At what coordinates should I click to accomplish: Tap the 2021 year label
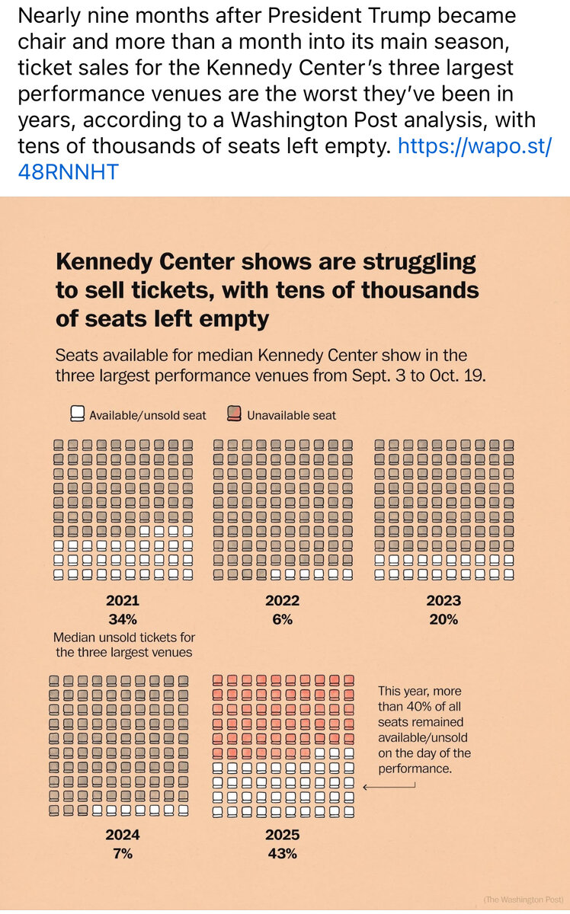(123, 600)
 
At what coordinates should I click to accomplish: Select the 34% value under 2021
(123, 618)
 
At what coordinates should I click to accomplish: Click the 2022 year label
(283, 600)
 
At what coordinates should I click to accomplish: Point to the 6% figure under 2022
(283, 618)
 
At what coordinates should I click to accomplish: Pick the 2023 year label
(444, 600)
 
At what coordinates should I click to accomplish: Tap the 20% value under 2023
(444, 618)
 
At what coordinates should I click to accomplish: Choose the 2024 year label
(123, 835)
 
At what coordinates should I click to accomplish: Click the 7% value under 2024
(123, 853)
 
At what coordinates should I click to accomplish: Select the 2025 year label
(283, 835)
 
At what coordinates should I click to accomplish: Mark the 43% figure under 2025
(283, 853)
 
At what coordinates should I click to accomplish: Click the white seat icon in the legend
(77, 414)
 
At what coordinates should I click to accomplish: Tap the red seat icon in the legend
(234, 414)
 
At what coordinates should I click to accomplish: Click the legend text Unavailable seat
(291, 415)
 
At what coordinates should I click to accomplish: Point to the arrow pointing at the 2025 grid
(389, 787)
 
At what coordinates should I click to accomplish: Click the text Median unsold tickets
(124, 637)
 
